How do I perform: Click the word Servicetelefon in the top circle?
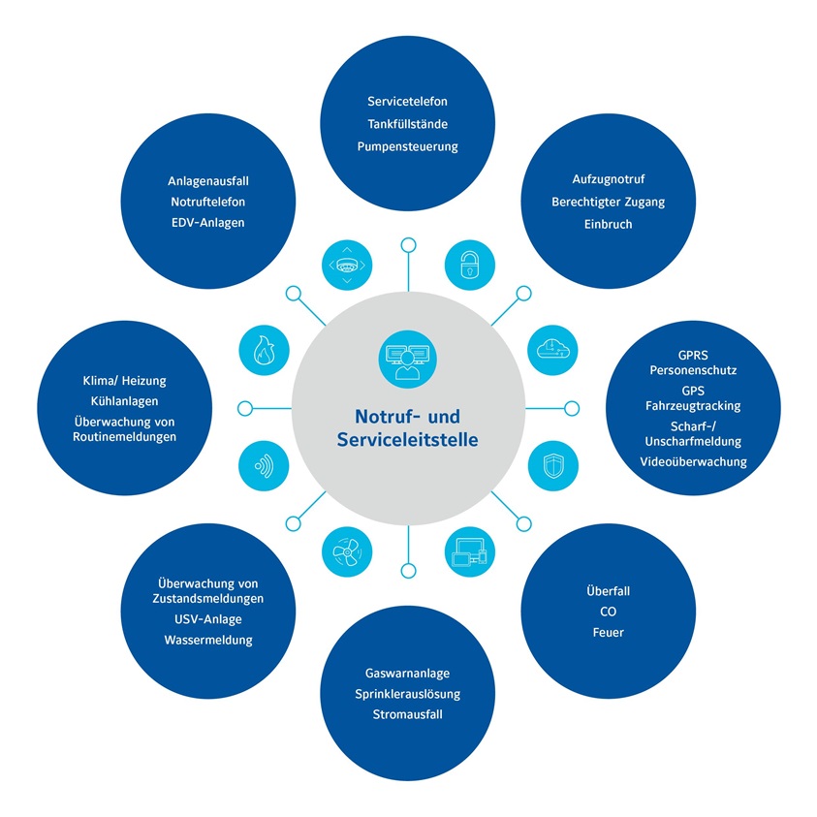pyautogui.click(x=407, y=101)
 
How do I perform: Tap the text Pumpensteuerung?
pyautogui.click(x=407, y=146)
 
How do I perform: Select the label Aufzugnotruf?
pyautogui.click(x=608, y=179)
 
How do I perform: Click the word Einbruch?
pyautogui.click(x=608, y=224)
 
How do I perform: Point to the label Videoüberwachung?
pyautogui.click(x=694, y=461)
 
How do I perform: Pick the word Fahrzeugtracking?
pyautogui.click(x=694, y=405)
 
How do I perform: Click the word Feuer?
pyautogui.click(x=608, y=633)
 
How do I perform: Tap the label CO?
pyautogui.click(x=608, y=612)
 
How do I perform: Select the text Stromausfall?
pyautogui.click(x=407, y=715)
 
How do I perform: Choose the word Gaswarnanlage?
pyautogui.click(x=407, y=673)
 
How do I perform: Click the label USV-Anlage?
pyautogui.click(x=208, y=619)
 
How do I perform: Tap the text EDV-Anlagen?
pyautogui.click(x=208, y=223)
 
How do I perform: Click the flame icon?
pyautogui.click(x=264, y=349)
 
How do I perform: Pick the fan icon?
pyautogui.click(x=346, y=553)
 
